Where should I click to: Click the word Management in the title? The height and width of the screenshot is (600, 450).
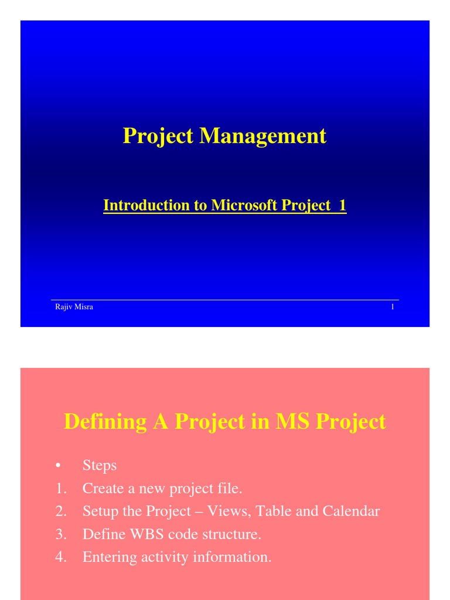click(x=262, y=136)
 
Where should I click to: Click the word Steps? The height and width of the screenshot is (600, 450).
click(x=100, y=465)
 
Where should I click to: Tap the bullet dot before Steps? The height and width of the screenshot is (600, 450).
click(x=58, y=466)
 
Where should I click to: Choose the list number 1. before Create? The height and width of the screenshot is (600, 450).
click(x=61, y=488)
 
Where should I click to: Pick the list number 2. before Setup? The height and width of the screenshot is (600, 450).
click(x=61, y=511)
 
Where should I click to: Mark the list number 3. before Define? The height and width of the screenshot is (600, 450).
click(x=61, y=534)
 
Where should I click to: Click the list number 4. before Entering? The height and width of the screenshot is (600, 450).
click(x=61, y=557)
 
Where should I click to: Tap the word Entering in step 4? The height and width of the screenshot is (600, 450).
click(x=110, y=557)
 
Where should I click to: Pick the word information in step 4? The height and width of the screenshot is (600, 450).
click(x=237, y=557)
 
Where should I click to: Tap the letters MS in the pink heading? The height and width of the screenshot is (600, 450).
click(x=291, y=422)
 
